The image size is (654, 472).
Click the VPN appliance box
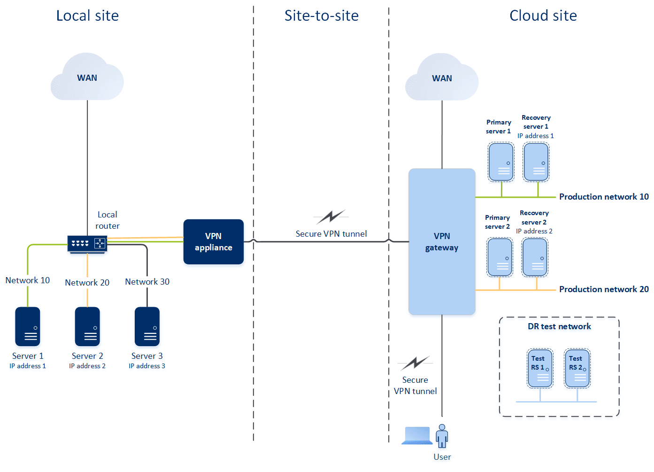[213, 241]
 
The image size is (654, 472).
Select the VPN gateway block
[442, 241]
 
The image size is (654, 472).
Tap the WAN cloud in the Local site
[87, 78]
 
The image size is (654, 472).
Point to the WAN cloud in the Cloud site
[442, 78]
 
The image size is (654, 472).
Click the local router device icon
[87, 244]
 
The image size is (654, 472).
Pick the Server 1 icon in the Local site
[28, 326]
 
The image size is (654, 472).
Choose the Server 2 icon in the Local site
[87, 326]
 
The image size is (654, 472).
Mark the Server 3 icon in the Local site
[147, 326]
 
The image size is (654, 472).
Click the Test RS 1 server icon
[540, 368]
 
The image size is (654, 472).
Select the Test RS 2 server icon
[577, 368]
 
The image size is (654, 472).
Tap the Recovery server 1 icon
[536, 162]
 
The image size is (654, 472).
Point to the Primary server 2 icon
[500, 257]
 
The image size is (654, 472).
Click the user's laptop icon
[417, 435]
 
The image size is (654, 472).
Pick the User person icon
[442, 436]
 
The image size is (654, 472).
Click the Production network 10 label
[604, 197]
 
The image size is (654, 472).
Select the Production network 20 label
[604, 289]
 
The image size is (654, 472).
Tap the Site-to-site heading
[322, 16]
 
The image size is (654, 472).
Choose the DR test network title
[559, 326]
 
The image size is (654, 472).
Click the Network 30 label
[147, 282]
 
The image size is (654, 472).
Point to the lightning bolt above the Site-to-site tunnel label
[331, 217]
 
